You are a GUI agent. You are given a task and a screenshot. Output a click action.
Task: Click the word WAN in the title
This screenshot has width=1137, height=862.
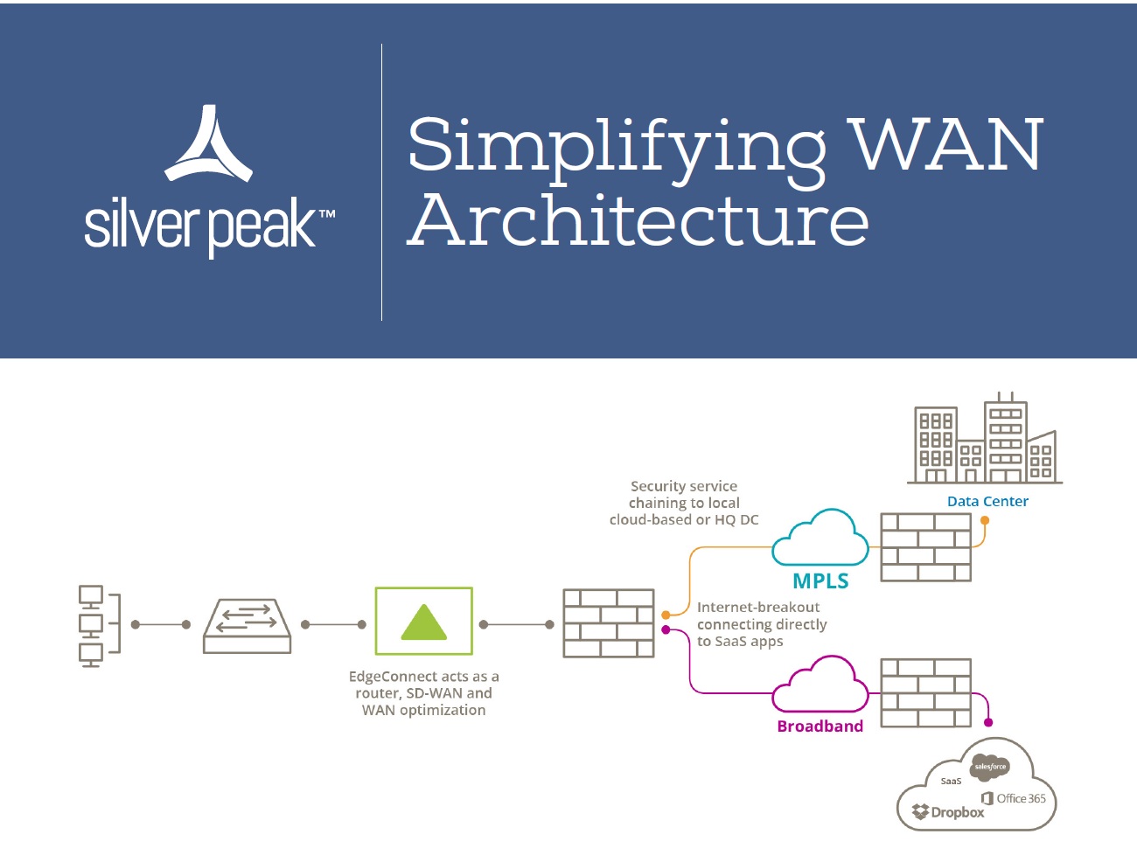pyautogui.click(x=947, y=144)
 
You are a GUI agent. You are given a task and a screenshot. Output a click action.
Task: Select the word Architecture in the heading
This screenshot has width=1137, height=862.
pyautogui.click(x=638, y=220)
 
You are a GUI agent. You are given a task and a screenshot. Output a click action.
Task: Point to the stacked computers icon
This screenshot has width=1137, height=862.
pyautogui.click(x=92, y=625)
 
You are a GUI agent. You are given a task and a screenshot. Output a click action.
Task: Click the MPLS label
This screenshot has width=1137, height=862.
pyautogui.click(x=820, y=580)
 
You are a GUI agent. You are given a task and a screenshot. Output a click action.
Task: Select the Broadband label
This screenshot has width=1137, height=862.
pyautogui.click(x=820, y=726)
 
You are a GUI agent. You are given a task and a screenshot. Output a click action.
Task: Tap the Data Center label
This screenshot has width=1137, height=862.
pyautogui.click(x=987, y=501)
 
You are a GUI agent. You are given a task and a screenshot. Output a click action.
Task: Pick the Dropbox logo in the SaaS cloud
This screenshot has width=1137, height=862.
pyautogui.click(x=948, y=812)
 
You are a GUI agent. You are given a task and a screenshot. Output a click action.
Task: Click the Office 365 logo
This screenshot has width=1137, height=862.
pyautogui.click(x=1014, y=798)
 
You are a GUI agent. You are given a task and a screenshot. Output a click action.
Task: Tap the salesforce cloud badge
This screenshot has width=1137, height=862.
pyautogui.click(x=990, y=767)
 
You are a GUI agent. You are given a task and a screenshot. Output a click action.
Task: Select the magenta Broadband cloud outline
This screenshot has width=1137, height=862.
pyautogui.click(x=820, y=685)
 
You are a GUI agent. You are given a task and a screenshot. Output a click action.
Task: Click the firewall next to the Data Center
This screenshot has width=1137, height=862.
pyautogui.click(x=925, y=547)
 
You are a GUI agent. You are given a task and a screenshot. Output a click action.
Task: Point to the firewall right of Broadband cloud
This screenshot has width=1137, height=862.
pyautogui.click(x=925, y=693)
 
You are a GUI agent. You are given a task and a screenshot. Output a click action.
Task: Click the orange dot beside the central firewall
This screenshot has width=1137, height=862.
pyautogui.click(x=666, y=615)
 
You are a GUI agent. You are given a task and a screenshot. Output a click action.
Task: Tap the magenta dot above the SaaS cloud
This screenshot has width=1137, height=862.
pyautogui.click(x=988, y=723)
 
